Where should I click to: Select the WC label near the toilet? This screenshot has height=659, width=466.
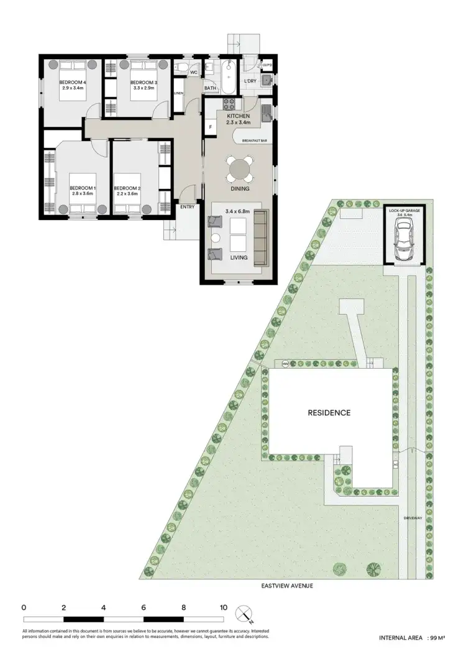pyautogui.click(x=193, y=73)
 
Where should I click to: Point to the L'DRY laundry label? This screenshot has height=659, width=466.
pyautogui.click(x=250, y=81)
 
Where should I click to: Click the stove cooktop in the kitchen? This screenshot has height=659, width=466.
pyautogui.click(x=228, y=103)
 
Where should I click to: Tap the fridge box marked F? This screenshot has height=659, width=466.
pyautogui.click(x=211, y=127)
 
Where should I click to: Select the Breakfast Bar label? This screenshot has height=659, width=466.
pyautogui.click(x=254, y=141)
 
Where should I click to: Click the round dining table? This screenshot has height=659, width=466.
pyautogui.click(x=240, y=168)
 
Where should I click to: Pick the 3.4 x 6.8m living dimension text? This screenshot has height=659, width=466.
pyautogui.click(x=239, y=212)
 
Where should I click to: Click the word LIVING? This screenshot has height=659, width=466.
pyautogui.click(x=239, y=257)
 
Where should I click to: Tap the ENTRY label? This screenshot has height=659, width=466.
pyautogui.click(x=187, y=207)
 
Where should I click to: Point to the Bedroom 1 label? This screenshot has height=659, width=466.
pyautogui.click(x=82, y=188)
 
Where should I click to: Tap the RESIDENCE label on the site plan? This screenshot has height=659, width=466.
pyautogui.click(x=329, y=412)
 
